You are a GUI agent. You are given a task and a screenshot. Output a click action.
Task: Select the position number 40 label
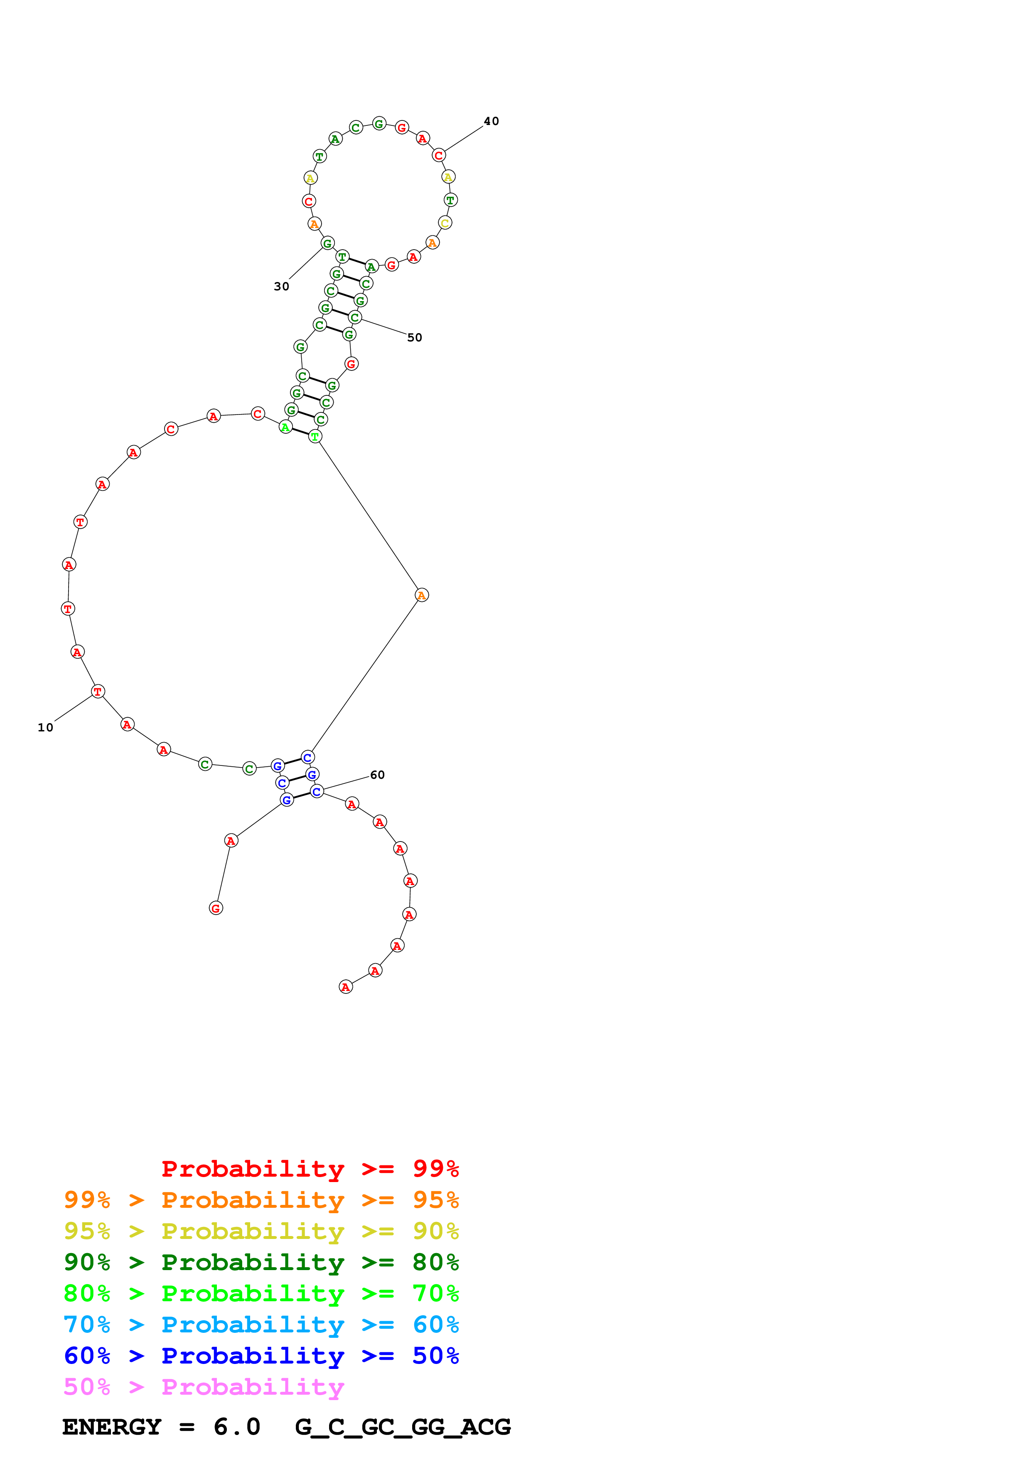491,121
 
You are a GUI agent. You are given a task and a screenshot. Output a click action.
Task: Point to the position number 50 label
414,338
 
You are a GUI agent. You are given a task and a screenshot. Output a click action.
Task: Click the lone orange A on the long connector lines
421,595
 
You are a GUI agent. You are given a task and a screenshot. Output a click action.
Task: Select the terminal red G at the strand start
216,908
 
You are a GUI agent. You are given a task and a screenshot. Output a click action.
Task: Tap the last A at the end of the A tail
345,987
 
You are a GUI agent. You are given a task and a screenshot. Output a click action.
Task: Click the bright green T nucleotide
315,437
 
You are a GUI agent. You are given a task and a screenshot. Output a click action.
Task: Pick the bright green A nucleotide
285,427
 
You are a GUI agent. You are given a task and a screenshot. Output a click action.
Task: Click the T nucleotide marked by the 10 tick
98,691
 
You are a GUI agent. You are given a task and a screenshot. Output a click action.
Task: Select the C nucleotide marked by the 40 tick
438,155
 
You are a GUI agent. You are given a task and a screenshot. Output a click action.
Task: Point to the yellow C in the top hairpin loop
445,223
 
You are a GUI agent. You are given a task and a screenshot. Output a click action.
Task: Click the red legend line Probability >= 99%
310,1168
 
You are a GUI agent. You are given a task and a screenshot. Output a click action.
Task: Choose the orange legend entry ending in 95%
261,1199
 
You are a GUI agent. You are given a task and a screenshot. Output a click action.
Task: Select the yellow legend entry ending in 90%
261,1231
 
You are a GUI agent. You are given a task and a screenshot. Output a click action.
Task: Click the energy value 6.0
237,1427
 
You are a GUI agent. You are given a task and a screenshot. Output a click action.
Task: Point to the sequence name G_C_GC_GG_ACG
402,1427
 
